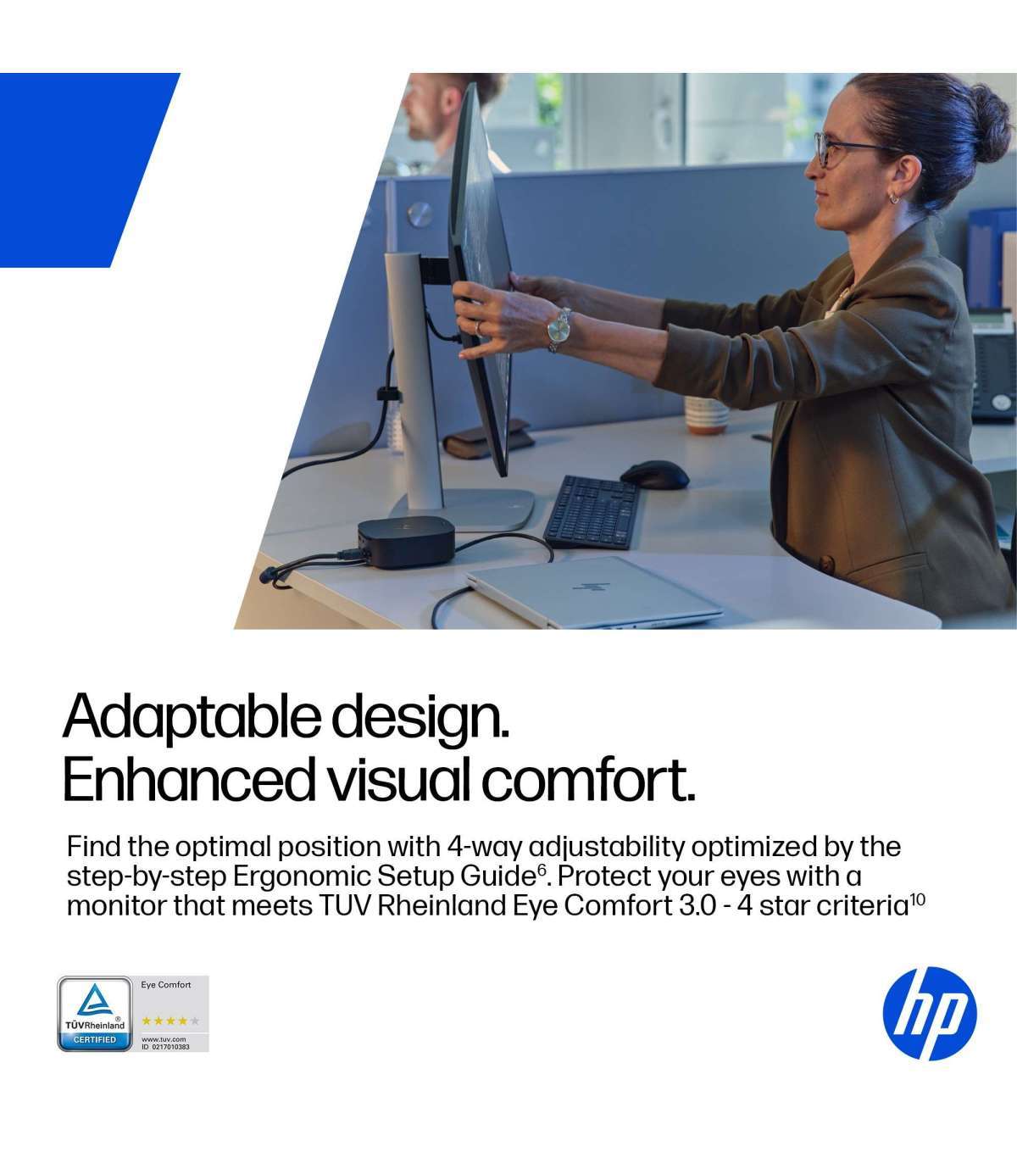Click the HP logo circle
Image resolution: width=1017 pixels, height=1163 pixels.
930,1014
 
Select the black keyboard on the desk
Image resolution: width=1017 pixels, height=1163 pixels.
592,512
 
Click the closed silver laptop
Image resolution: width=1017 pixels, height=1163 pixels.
594,592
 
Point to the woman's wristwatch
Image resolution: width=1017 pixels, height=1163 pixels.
559,329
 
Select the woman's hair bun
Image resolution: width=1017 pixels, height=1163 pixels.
990,123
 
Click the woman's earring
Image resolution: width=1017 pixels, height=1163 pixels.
894,198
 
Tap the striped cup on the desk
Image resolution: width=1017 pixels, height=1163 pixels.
706,415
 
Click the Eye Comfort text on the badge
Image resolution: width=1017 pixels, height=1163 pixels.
166,985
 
